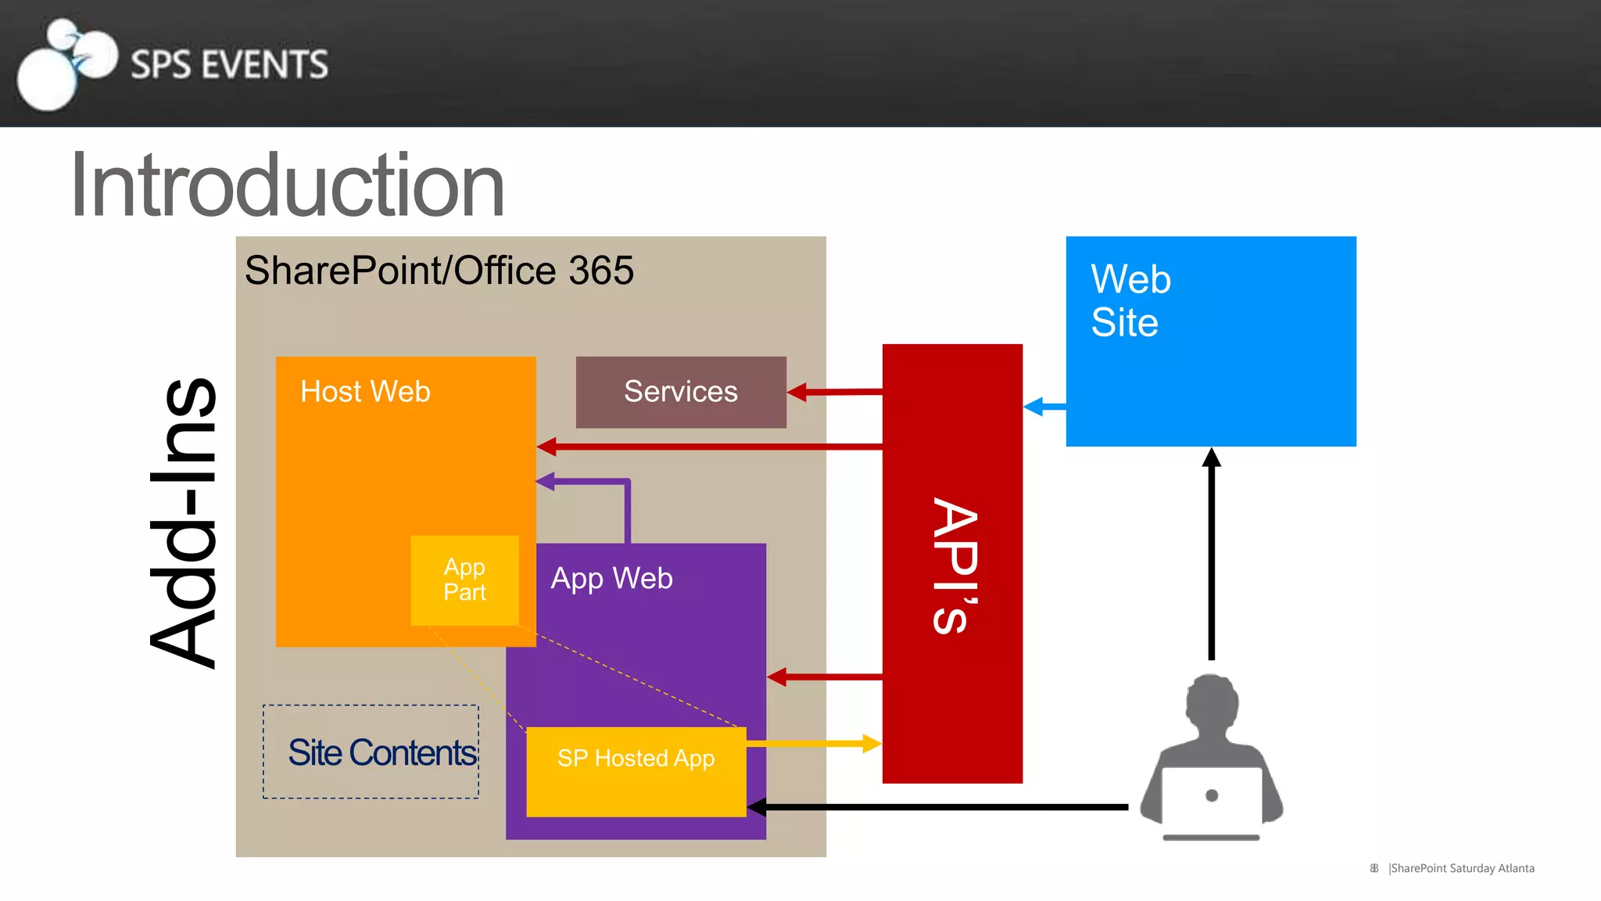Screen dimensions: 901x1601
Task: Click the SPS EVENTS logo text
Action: tap(229, 64)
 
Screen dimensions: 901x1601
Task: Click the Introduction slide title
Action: tap(287, 185)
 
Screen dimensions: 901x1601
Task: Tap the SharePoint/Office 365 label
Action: tap(439, 271)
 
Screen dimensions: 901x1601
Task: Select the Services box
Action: tap(681, 392)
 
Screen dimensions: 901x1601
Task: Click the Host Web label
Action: tap(365, 391)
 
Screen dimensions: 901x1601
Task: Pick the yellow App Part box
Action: tap(464, 580)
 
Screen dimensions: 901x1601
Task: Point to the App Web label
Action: tap(611, 578)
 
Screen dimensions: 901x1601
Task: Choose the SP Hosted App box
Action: tap(636, 772)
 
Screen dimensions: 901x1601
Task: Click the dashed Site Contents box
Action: tap(371, 752)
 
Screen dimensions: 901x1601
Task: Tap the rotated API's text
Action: tap(954, 565)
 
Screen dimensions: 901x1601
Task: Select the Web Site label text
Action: tap(1130, 300)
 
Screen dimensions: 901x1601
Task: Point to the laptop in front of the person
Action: tap(1211, 800)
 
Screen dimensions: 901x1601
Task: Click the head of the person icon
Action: tap(1212, 700)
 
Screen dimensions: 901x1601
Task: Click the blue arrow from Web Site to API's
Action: tap(1044, 407)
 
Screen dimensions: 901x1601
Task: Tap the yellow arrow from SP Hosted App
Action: tap(814, 743)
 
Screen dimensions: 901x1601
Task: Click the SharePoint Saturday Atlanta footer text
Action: tap(1461, 868)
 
